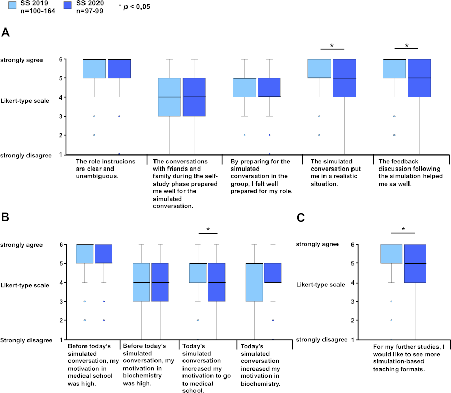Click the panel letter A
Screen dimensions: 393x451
pos(5,33)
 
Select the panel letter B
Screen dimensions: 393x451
pos(5,217)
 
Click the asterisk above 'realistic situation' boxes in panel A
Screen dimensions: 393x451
pos(332,45)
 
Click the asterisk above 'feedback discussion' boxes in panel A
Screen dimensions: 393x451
pos(406,45)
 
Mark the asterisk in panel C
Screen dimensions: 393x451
pos(403,229)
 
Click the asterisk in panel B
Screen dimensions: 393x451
pos(208,229)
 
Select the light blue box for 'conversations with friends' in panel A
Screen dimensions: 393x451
pos(170,97)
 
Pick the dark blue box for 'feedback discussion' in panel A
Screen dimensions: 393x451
pos(419,78)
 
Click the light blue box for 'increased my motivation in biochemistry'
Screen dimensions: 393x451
pos(254,282)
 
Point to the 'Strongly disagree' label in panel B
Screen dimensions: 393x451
pos(25,340)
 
